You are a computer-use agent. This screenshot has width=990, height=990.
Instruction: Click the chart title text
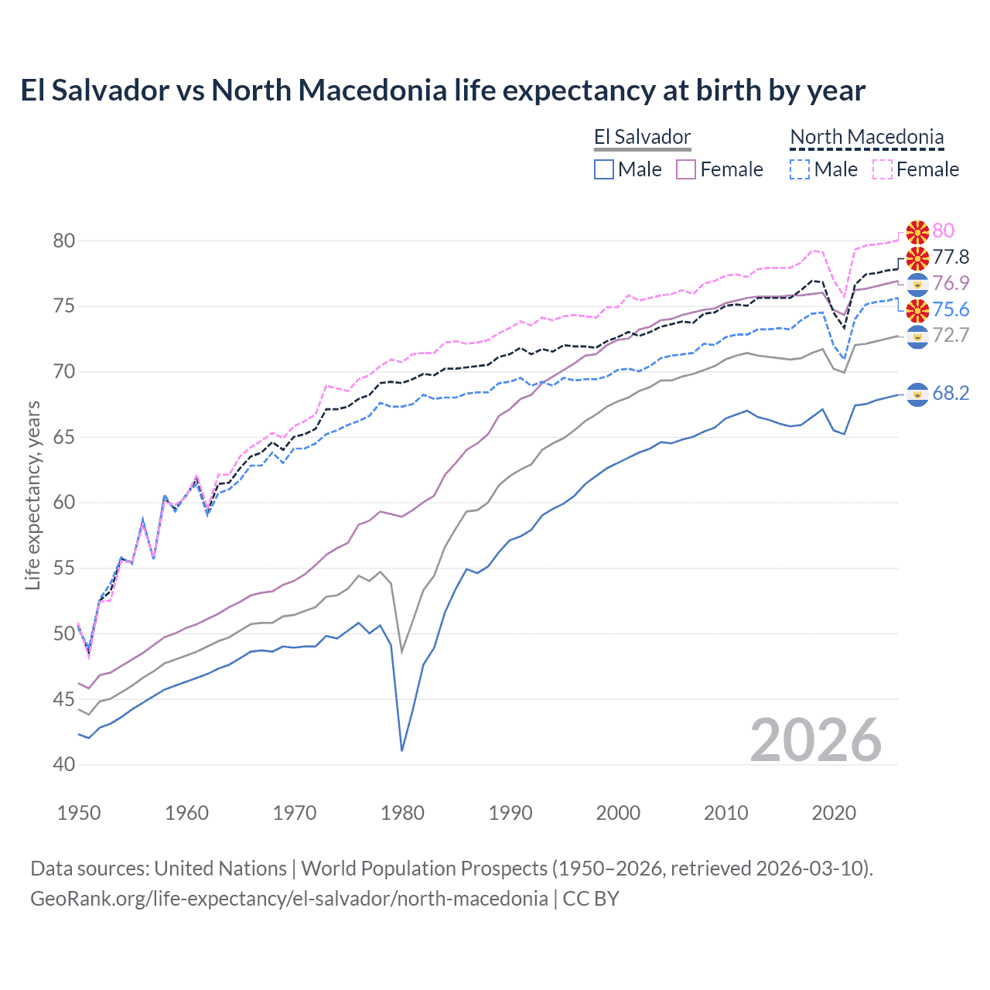(x=442, y=90)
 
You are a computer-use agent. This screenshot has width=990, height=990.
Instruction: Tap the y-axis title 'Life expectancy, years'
(x=32, y=495)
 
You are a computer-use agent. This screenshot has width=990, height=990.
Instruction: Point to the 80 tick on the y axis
(x=64, y=241)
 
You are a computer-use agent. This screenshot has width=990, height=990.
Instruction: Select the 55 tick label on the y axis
(x=64, y=568)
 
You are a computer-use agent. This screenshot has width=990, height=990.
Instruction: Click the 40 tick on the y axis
(x=64, y=765)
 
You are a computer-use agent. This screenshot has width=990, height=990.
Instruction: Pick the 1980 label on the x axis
(x=403, y=813)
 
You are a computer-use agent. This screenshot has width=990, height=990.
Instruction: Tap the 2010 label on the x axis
(x=725, y=813)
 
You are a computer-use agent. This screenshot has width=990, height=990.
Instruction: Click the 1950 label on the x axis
(x=79, y=813)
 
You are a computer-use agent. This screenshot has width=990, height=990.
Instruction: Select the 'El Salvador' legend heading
(x=642, y=138)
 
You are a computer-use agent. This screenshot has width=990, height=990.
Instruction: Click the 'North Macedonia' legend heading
(x=867, y=138)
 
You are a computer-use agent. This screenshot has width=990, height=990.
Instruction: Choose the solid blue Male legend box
(x=604, y=169)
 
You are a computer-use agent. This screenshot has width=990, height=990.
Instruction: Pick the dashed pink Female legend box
(x=882, y=169)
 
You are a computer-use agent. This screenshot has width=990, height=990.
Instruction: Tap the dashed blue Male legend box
(x=800, y=169)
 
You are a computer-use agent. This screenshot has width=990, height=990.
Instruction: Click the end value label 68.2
(x=951, y=393)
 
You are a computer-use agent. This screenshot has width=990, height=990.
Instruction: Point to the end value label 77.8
(x=951, y=257)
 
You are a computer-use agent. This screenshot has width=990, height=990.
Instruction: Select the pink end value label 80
(x=944, y=230)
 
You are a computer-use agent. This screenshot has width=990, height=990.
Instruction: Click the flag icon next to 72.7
(x=917, y=336)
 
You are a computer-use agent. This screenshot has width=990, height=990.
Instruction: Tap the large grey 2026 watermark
(x=816, y=740)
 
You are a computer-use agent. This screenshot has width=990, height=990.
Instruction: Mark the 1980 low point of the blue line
(x=402, y=750)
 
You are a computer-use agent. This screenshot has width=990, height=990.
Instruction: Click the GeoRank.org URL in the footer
(x=288, y=899)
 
